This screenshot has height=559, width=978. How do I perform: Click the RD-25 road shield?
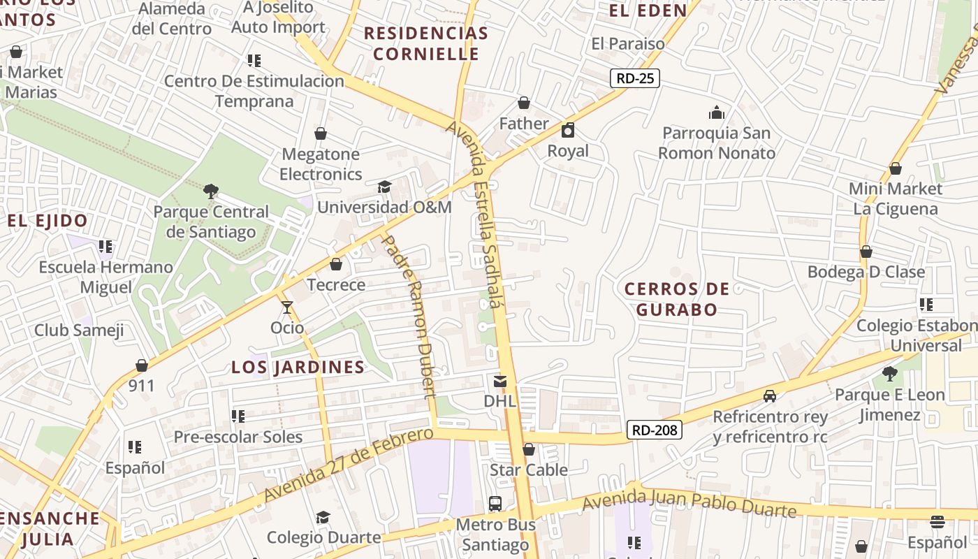tap(635, 78)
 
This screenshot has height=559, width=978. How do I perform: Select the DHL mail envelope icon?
tap(500, 382)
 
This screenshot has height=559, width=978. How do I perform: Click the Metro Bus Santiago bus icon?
tap(495, 503)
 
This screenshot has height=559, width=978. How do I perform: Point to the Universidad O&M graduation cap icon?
tap(384, 187)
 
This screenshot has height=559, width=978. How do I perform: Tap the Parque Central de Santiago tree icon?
tap(210, 191)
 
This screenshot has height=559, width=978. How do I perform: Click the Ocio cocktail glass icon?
tap(286, 307)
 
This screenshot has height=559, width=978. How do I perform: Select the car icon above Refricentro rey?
tap(770, 396)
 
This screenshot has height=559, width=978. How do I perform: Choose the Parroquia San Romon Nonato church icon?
tap(717, 112)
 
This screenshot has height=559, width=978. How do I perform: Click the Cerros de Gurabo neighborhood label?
tap(676, 299)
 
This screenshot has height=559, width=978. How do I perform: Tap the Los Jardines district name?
tap(298, 367)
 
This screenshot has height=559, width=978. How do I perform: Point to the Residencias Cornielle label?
tap(425, 43)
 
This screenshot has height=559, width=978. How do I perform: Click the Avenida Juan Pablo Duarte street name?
tap(689, 504)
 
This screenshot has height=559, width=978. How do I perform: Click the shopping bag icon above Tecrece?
tap(336, 264)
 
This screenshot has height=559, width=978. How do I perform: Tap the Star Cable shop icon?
tap(529, 449)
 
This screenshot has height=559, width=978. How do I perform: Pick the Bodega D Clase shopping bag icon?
tap(866, 252)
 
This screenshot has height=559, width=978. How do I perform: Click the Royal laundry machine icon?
tap(568, 130)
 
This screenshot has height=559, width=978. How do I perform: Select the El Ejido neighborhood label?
tap(48, 221)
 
